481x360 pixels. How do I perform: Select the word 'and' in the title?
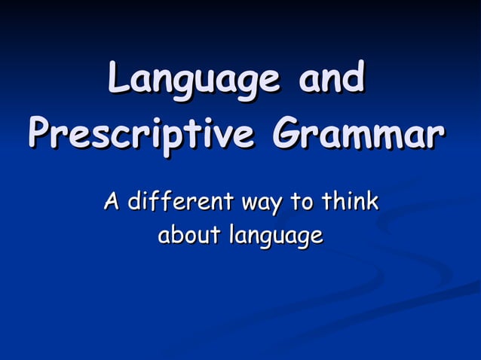pyautogui.click(x=331, y=79)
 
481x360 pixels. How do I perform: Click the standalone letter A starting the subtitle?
pyautogui.click(x=112, y=202)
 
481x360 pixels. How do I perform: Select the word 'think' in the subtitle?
pyautogui.click(x=348, y=202)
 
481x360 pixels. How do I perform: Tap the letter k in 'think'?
pyautogui.click(x=370, y=202)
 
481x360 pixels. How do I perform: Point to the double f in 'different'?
pyautogui.click(x=155, y=201)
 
